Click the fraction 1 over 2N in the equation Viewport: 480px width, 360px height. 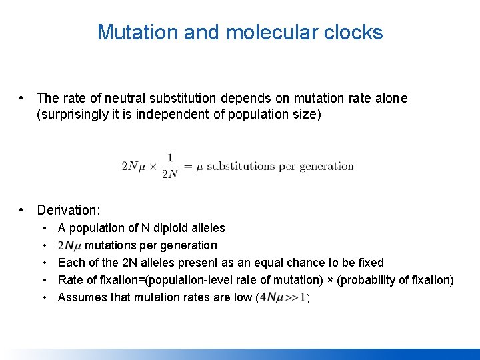[x=170, y=166]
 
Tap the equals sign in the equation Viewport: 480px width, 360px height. [x=188, y=167]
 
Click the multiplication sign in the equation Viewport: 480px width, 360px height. [x=152, y=167]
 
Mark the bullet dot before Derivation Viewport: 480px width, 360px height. [x=23, y=210]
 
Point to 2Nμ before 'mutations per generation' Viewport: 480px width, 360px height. [x=70, y=245]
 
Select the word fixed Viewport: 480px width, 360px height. [x=370, y=263]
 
